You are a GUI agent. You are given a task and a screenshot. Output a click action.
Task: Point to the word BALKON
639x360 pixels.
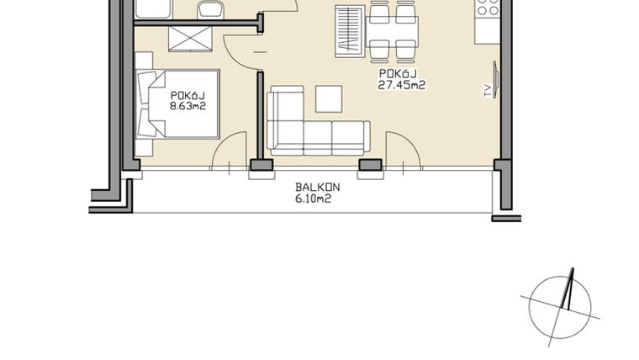click(312, 188)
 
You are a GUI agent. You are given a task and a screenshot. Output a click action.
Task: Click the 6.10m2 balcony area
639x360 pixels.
click(312, 199)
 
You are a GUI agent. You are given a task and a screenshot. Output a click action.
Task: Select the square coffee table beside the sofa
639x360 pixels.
click(329, 99)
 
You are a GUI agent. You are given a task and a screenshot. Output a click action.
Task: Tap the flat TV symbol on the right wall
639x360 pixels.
click(496, 82)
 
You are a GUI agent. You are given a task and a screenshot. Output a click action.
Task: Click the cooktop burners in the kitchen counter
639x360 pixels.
click(488, 8)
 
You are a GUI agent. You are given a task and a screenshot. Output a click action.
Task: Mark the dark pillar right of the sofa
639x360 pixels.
click(368, 165)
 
